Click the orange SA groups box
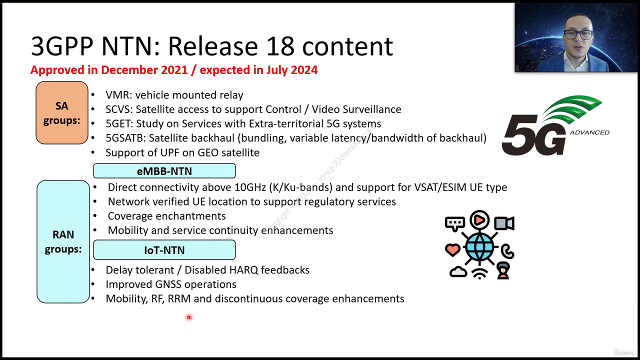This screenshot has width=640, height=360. coord(61,112)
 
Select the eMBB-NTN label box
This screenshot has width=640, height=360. coord(164,171)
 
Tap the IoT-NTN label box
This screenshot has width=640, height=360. coord(164,250)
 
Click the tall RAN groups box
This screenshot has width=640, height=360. coord(63,241)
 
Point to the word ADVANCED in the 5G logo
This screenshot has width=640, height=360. coord(589,132)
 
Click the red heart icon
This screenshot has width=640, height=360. coord(452,250)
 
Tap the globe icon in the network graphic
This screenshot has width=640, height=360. coord(479,246)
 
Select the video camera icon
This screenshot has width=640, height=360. coord(504,223)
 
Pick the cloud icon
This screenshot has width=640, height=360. coord(458,271)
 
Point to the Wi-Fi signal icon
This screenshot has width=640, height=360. coord(479,273)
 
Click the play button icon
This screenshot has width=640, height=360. coord(479,219)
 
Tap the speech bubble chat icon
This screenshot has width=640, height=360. coord(454,223)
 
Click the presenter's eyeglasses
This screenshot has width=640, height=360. coord(577,35)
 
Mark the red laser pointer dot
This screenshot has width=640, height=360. coord(189,317)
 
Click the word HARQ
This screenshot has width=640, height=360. coord(244,270)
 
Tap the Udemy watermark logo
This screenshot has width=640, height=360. coord(624,352)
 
